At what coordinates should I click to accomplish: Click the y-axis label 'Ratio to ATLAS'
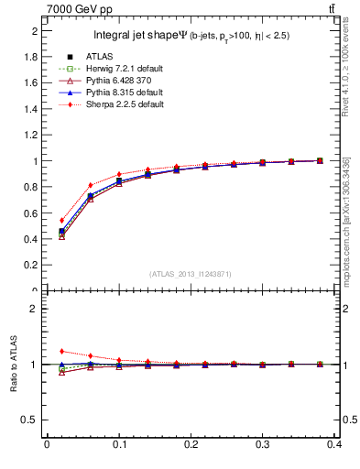15,364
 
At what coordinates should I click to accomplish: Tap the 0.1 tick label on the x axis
119,446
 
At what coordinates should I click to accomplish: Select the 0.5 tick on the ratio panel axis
32,420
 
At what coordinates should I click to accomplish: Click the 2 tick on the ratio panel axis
35,309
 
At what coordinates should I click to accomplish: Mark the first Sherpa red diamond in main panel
61,220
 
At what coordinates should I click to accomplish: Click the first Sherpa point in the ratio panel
61,351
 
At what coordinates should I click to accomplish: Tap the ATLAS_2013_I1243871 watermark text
190,274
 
